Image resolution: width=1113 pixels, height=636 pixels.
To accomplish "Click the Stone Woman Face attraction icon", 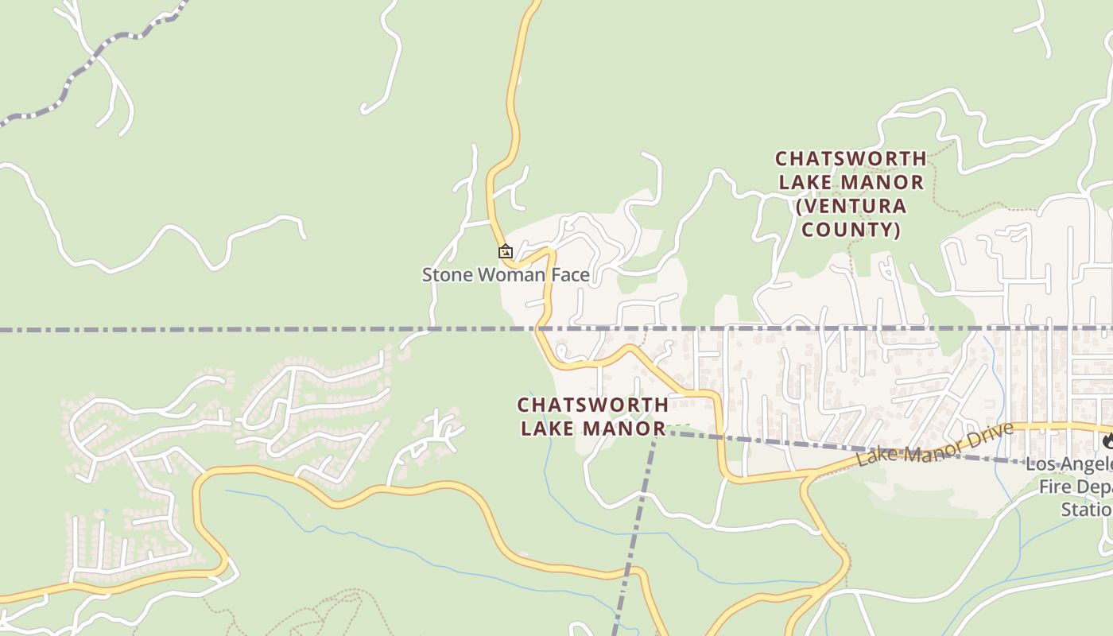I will (506, 252).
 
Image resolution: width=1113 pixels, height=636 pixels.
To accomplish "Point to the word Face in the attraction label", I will (568, 275).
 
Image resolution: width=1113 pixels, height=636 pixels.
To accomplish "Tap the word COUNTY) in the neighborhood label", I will (851, 230).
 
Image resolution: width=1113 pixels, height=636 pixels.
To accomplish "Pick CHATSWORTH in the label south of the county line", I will (593, 405).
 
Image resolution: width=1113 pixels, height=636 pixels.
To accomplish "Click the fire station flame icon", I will (1107, 440).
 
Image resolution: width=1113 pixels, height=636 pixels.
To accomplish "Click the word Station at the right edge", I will (1086, 509).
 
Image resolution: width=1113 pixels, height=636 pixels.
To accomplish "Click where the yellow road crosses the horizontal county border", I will (539, 328).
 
